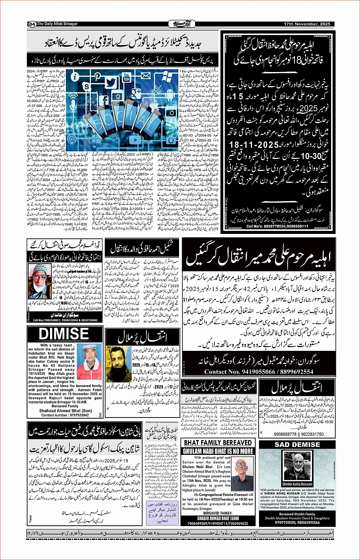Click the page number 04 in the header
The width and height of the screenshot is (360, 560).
tap(32, 24)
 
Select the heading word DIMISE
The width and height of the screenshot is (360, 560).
tap(64, 334)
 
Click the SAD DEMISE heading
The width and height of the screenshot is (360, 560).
tap(297, 444)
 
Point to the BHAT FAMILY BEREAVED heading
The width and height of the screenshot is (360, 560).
tap(218, 443)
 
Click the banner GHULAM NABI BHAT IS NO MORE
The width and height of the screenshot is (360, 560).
tap(218, 451)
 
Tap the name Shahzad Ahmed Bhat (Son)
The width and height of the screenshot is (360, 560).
tap(65, 411)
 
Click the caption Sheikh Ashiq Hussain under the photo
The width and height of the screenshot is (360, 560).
tap(297, 484)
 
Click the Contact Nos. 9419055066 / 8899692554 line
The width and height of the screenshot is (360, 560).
tap(259, 371)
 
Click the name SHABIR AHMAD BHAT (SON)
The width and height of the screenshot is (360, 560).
tap(218, 518)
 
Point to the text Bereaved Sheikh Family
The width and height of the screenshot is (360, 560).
tap(297, 514)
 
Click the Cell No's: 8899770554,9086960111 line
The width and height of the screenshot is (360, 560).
tap(277, 226)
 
